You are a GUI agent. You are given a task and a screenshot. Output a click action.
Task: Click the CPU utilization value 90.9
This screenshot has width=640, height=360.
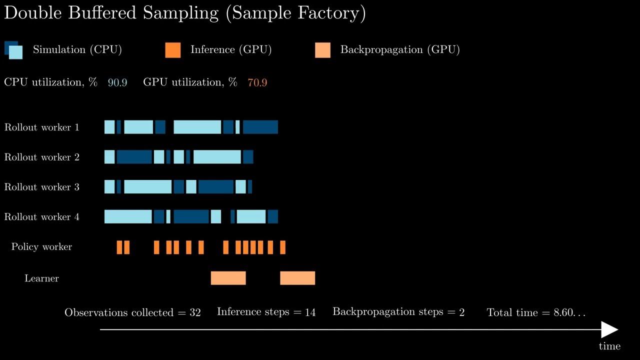click(117, 82)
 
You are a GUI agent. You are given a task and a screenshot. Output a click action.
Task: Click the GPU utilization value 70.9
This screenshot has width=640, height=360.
click(257, 82)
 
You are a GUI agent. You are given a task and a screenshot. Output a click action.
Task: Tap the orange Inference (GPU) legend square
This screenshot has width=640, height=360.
click(172, 50)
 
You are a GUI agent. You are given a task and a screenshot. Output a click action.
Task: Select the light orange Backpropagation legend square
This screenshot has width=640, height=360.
click(322, 50)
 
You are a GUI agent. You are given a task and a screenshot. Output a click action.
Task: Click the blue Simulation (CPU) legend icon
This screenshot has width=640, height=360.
click(13, 50)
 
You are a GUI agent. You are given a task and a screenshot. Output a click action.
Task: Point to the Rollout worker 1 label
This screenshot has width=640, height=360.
click(42, 127)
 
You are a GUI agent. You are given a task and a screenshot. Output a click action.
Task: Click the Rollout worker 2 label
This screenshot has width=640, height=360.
click(42, 157)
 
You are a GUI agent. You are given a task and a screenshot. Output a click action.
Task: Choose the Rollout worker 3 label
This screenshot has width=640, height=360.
click(42, 187)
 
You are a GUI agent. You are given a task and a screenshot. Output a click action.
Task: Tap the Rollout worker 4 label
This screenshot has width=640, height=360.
click(42, 217)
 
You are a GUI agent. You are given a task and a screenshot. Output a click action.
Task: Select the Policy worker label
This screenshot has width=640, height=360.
click(42, 247)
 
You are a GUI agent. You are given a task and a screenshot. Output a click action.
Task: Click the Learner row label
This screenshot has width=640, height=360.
click(42, 278)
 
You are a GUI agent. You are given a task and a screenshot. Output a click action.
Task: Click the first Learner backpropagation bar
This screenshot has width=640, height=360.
click(228, 278)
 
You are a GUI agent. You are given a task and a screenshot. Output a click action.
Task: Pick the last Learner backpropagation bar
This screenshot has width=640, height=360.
click(297, 278)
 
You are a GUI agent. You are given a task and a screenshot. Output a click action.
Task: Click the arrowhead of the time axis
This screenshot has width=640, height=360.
click(610, 329)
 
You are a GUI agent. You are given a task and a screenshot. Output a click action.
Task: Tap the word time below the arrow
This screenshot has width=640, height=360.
click(609, 346)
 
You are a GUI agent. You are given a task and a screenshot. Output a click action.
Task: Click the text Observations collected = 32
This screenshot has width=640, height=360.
click(132, 312)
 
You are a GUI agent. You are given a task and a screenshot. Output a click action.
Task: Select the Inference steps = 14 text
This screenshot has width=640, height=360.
click(266, 312)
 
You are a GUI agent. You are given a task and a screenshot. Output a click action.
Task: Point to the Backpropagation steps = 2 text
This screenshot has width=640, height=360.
click(398, 312)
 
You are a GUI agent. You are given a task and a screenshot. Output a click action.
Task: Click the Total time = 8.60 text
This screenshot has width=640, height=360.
click(536, 312)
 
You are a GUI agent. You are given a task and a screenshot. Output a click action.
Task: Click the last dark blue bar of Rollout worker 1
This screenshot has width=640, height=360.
click(260, 127)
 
